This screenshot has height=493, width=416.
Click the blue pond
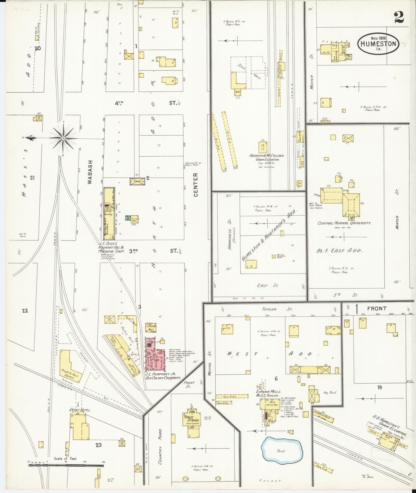(282, 450)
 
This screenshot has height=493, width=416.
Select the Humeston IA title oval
(378, 43)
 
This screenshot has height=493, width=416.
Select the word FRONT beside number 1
(377, 308)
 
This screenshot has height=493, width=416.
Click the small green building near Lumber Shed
(127, 218)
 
